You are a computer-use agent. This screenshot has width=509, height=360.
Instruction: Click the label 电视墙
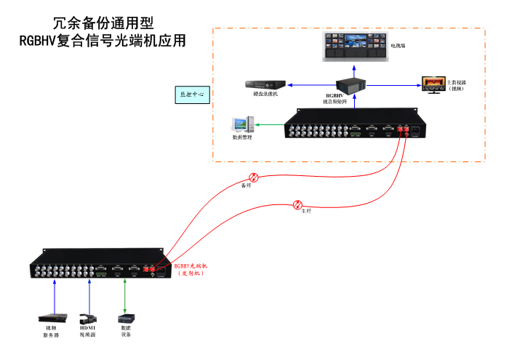pyautogui.click(x=398, y=46)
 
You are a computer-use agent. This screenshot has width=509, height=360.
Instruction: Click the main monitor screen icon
pyautogui.click(x=430, y=84)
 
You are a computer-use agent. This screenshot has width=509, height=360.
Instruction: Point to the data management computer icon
pyautogui.click(x=242, y=124)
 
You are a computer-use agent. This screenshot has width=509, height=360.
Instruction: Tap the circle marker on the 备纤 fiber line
pyautogui.click(x=254, y=177)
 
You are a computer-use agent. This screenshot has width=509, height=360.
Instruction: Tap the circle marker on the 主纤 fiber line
pyautogui.click(x=297, y=204)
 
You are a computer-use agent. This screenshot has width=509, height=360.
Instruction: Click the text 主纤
pyautogui.click(x=306, y=212)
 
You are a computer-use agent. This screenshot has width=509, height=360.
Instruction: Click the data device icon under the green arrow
pyautogui.click(x=125, y=319)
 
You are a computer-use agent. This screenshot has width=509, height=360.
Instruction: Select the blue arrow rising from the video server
pyautogui.click(x=55, y=295)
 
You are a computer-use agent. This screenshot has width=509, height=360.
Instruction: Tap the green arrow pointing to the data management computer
pyautogui.click(x=270, y=125)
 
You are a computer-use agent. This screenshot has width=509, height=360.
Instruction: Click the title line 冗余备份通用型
pyautogui.click(x=103, y=24)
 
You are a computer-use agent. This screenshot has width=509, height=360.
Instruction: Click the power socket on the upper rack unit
pyautogui.click(x=416, y=132)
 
